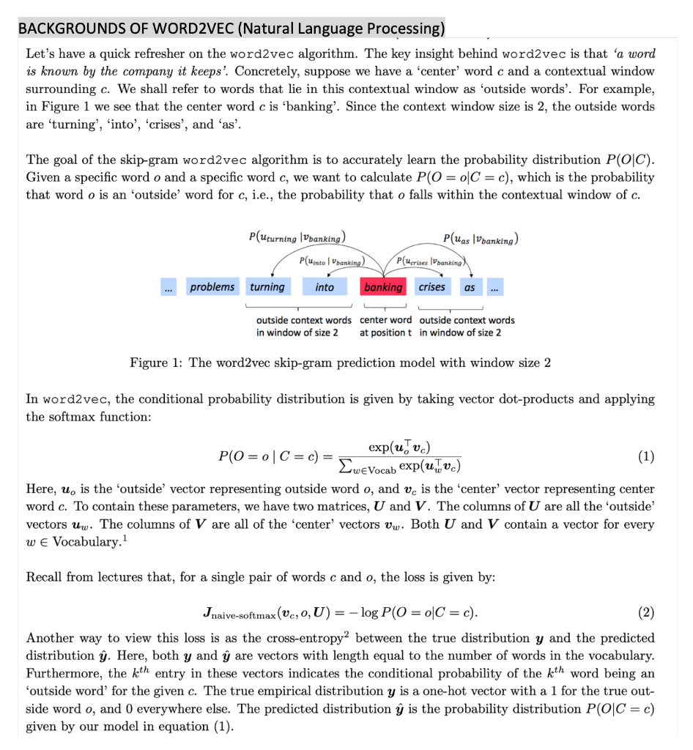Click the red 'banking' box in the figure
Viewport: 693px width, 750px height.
coord(383,287)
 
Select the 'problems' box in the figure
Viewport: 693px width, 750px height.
coord(212,287)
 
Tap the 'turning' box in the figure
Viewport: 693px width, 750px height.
coord(267,287)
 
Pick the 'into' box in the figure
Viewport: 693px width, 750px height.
coord(325,287)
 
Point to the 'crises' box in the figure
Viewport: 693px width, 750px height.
coord(431,287)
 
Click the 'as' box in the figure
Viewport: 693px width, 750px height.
coord(469,287)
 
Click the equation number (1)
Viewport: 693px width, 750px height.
coord(645,457)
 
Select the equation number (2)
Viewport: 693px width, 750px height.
coord(645,612)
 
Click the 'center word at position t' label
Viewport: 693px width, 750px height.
coord(385,327)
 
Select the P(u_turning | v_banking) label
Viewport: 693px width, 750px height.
coord(297,237)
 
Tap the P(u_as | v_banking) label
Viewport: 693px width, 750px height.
coord(481,237)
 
